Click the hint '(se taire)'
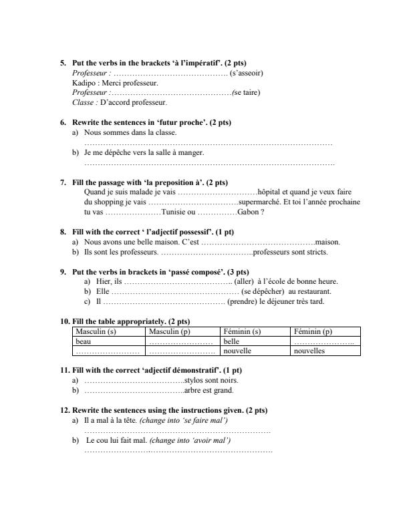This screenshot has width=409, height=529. pyautogui.click(x=246, y=93)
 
